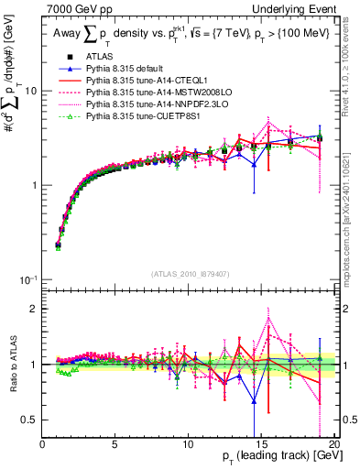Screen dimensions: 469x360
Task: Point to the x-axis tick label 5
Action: [115, 445]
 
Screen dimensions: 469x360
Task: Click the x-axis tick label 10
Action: [188, 445]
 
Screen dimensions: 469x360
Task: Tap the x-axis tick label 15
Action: [261, 445]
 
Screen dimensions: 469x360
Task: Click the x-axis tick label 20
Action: [333, 445]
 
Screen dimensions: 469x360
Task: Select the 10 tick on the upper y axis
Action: [30, 92]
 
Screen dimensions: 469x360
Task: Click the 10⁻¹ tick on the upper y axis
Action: [28, 279]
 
